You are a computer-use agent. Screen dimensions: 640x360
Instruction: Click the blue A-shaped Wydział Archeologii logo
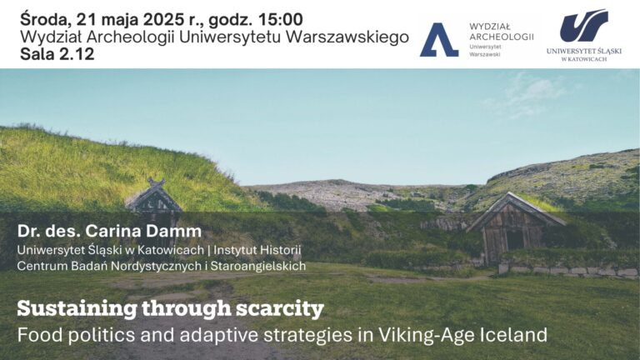[x=439, y=40]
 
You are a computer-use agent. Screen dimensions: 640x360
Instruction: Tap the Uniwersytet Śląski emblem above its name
[x=583, y=25]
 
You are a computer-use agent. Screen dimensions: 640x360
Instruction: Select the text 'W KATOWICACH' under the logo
[x=584, y=59]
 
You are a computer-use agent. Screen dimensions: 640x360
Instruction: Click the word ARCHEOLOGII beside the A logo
[x=501, y=37]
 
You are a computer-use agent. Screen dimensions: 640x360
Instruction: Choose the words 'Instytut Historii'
[x=257, y=250]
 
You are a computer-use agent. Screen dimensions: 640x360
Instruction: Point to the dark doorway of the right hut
[x=515, y=240]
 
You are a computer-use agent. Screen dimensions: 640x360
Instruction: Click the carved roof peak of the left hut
[x=156, y=182]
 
